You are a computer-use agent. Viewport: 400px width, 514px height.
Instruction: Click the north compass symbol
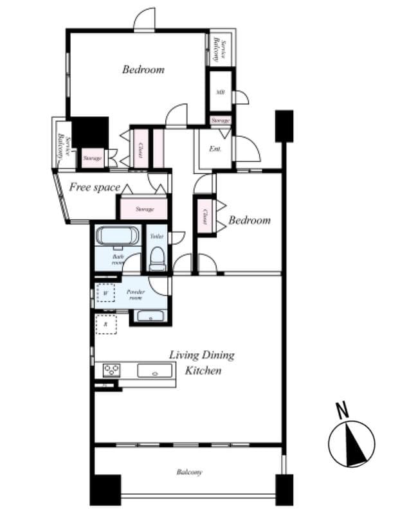pyautogui.click(x=351, y=444)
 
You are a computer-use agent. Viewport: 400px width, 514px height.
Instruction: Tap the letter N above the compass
pyautogui.click(x=343, y=409)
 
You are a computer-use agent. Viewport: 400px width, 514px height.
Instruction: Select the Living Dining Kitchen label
pyautogui.click(x=202, y=362)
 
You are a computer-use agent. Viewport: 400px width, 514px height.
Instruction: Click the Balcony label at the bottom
pyautogui.click(x=189, y=472)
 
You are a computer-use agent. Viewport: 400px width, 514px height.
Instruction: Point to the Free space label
pyautogui.click(x=95, y=188)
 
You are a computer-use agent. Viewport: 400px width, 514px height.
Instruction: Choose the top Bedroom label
pyautogui.click(x=143, y=69)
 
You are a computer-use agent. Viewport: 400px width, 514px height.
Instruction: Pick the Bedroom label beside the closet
pyautogui.click(x=250, y=220)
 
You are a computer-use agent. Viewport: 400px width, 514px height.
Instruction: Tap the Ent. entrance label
pyautogui.click(x=215, y=149)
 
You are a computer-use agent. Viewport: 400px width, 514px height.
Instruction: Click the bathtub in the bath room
pyautogui.click(x=117, y=236)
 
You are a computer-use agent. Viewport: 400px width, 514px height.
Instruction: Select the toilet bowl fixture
pyautogui.click(x=157, y=259)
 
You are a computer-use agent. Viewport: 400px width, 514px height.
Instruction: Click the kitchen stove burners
pyautogui.click(x=112, y=370)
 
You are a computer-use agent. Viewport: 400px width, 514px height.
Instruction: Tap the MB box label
pyautogui.click(x=220, y=93)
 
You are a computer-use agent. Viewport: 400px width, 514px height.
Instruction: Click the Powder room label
pyautogui.click(x=134, y=294)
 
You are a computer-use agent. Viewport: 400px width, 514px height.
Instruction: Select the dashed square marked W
pyautogui.click(x=105, y=293)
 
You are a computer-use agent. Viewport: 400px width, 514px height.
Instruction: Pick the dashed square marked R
pyautogui.click(x=105, y=324)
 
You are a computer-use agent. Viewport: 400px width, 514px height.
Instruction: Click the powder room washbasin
pyautogui.click(x=149, y=316)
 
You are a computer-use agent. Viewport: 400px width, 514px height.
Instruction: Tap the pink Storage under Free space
pyautogui.click(x=145, y=209)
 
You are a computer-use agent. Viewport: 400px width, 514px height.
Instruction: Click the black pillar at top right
pyautogui.click(x=284, y=125)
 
